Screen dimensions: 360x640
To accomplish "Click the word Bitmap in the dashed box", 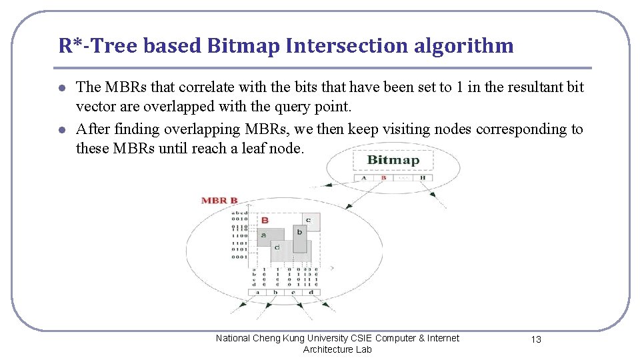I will click(x=393, y=160).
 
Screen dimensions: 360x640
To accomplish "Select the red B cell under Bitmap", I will click(x=383, y=177).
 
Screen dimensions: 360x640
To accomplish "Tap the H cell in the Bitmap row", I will click(x=423, y=177).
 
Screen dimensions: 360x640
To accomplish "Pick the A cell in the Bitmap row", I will click(x=363, y=177).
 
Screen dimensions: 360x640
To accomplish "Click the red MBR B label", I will click(x=219, y=200).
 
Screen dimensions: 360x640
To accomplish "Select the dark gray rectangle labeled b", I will click(x=299, y=236).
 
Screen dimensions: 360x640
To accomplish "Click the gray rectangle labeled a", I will click(x=264, y=235).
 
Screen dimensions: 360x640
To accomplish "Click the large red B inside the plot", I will click(x=265, y=220).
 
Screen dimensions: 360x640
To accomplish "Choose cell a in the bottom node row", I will click(x=256, y=292).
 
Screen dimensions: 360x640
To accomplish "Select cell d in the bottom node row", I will click(x=311, y=292).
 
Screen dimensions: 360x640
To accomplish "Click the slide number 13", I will click(x=536, y=339).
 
